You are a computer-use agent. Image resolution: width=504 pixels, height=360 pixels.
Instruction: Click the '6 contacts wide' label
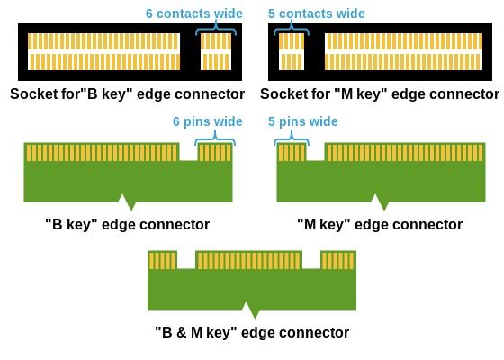(194, 13)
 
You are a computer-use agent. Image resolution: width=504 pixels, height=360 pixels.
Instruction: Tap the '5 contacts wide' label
(317, 13)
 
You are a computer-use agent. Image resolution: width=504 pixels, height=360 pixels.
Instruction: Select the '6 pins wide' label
(208, 121)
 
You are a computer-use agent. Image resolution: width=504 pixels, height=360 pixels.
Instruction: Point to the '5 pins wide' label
(303, 121)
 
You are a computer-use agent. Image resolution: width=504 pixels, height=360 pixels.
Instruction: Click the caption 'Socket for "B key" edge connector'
(127, 94)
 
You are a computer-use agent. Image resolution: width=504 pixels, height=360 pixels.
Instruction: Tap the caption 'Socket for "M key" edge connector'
(380, 94)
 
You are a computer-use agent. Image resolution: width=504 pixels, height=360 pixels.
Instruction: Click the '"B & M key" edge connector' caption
(252, 332)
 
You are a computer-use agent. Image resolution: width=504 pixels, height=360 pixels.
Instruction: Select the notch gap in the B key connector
(188, 152)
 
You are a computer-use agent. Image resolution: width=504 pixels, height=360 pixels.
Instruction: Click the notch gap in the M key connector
(315, 152)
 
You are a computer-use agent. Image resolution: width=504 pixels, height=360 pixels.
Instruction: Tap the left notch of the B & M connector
(186, 260)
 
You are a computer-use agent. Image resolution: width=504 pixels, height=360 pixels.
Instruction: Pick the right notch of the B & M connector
(311, 260)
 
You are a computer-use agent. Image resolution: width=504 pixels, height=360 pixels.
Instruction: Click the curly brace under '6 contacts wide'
(216, 29)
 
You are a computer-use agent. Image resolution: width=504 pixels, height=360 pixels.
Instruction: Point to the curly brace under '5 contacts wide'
(292, 29)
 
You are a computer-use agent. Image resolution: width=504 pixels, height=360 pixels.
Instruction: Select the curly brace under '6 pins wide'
(215, 139)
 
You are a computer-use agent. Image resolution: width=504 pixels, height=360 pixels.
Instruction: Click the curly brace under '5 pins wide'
(292, 139)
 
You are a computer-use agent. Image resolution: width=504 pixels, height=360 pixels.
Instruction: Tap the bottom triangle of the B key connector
(129, 202)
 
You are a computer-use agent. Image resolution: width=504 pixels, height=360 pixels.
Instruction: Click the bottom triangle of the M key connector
(382, 202)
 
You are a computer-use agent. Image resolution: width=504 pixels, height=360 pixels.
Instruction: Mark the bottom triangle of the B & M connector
(253, 310)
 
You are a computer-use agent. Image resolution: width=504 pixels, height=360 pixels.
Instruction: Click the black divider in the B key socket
(190, 52)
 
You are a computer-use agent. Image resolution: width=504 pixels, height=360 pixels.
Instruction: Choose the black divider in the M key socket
(314, 52)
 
